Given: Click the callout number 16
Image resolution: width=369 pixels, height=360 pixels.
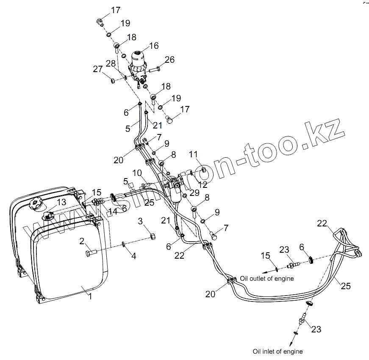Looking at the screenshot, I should point(153,45).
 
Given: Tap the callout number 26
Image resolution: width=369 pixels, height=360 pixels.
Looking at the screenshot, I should point(169,60).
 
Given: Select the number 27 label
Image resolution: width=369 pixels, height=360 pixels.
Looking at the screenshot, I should point(98,68).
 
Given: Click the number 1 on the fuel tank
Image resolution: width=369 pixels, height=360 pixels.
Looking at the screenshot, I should point(90,297).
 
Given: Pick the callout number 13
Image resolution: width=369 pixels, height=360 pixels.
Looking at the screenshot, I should point(62,202).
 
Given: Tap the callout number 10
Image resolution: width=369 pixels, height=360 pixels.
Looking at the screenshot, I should point(137,173).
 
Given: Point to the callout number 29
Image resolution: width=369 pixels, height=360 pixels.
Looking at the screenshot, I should point(194,193).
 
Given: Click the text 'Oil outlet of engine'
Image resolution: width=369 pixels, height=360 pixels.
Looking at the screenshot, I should point(267,279).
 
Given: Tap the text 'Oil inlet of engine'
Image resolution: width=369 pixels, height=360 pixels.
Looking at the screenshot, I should point(277,352).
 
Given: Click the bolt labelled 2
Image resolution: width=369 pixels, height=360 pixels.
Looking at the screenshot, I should point(91,253).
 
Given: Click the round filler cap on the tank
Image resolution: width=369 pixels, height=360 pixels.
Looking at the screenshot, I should point(36,205).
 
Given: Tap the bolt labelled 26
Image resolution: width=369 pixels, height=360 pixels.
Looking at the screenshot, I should point(155,68).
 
